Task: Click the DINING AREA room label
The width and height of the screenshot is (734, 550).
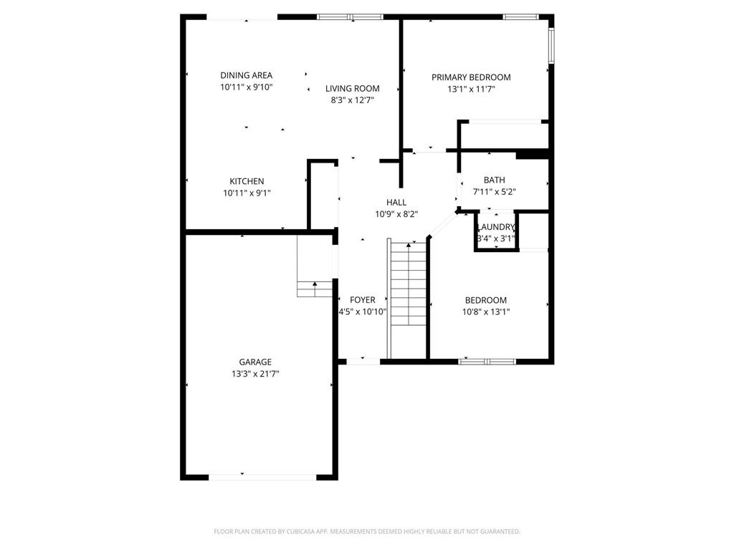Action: [246, 75]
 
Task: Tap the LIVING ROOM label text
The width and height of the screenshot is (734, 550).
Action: [352, 89]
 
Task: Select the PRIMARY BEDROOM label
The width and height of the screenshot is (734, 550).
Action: [471, 77]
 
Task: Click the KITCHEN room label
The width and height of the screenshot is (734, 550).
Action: [247, 181]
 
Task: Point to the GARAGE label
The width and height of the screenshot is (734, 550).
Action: [255, 362]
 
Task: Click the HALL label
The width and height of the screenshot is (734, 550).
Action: [396, 203]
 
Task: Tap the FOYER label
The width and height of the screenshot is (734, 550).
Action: [362, 300]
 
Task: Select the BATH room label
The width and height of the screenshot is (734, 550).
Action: [494, 180]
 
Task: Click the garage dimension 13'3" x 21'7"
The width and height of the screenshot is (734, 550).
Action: [255, 374]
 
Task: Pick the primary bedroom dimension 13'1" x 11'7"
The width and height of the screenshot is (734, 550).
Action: [471, 90]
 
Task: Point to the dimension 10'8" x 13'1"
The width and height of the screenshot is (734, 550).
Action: [486, 312]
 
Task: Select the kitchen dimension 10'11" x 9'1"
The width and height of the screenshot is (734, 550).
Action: [247, 193]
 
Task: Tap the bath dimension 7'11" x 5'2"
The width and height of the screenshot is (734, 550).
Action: [494, 192]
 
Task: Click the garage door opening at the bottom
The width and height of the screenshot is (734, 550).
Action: [262, 476]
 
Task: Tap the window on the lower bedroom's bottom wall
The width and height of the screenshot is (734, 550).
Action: [487, 361]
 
